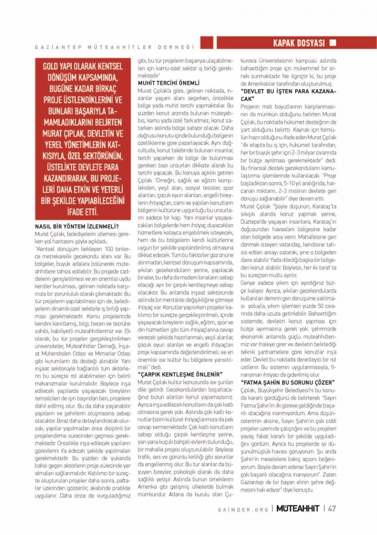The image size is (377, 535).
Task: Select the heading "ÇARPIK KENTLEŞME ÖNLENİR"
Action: (x=180, y=374)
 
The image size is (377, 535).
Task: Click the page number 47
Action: (x=331, y=508)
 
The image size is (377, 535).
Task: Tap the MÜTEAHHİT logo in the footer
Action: (x=298, y=508)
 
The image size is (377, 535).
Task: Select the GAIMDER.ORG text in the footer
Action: (x=243, y=508)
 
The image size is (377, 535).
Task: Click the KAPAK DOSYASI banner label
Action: (x=299, y=43)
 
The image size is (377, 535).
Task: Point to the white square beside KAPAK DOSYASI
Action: (x=333, y=43)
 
